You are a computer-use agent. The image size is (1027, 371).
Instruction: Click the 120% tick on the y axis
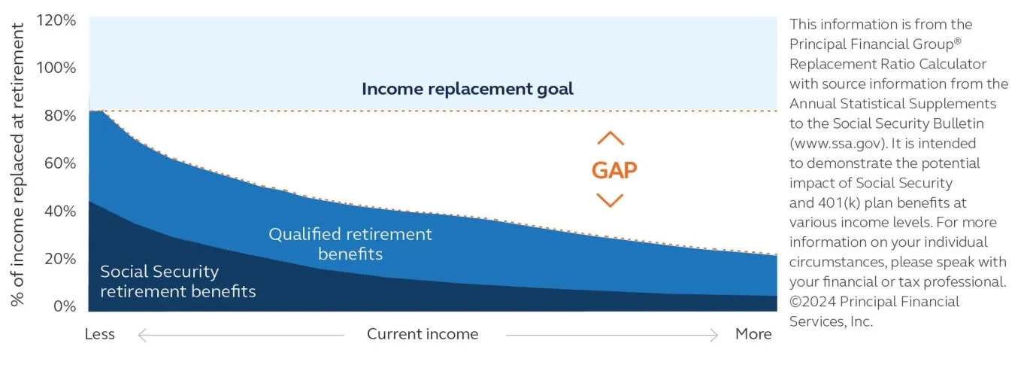pyautogui.click(x=56, y=20)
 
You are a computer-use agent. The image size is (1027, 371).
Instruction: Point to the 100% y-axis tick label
pyautogui.click(x=56, y=68)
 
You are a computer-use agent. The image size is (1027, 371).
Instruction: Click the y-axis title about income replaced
pyautogui.click(x=18, y=164)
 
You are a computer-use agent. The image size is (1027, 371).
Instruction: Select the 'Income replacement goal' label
pyautogui.click(x=467, y=89)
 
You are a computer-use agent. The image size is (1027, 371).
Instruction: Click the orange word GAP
pyautogui.click(x=614, y=170)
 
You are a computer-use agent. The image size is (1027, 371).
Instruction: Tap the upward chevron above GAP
pyautogui.click(x=610, y=138)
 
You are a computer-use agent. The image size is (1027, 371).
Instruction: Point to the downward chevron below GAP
pyautogui.click(x=610, y=200)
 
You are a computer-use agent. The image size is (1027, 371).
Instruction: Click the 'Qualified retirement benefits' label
pyautogui.click(x=350, y=244)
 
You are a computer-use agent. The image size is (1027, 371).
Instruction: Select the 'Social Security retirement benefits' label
pyautogui.click(x=177, y=281)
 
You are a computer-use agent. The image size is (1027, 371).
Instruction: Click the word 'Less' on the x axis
pyautogui.click(x=99, y=334)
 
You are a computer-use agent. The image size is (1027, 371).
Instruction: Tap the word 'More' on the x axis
pyautogui.click(x=753, y=334)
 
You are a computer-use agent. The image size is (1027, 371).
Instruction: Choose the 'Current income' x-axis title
pyautogui.click(x=423, y=334)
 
